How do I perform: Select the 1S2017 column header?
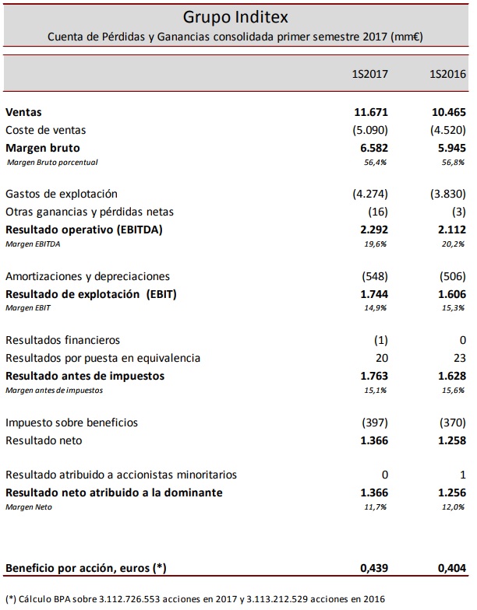[370, 75]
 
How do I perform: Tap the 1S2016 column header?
[447, 75]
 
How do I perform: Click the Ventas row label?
[23, 113]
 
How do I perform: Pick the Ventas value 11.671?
[371, 113]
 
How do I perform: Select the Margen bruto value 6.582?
[372, 147]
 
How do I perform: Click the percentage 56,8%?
[453, 162]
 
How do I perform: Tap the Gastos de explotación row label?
[62, 194]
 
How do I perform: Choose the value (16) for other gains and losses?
[378, 212]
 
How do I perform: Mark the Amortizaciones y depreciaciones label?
[87, 276]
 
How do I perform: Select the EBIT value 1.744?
[372, 294]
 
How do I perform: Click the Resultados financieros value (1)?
[380, 340]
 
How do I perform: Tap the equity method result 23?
[458, 358]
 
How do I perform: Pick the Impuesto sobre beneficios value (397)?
[375, 422]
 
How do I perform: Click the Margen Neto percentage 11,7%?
[376, 507]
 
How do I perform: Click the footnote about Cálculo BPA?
[195, 598]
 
